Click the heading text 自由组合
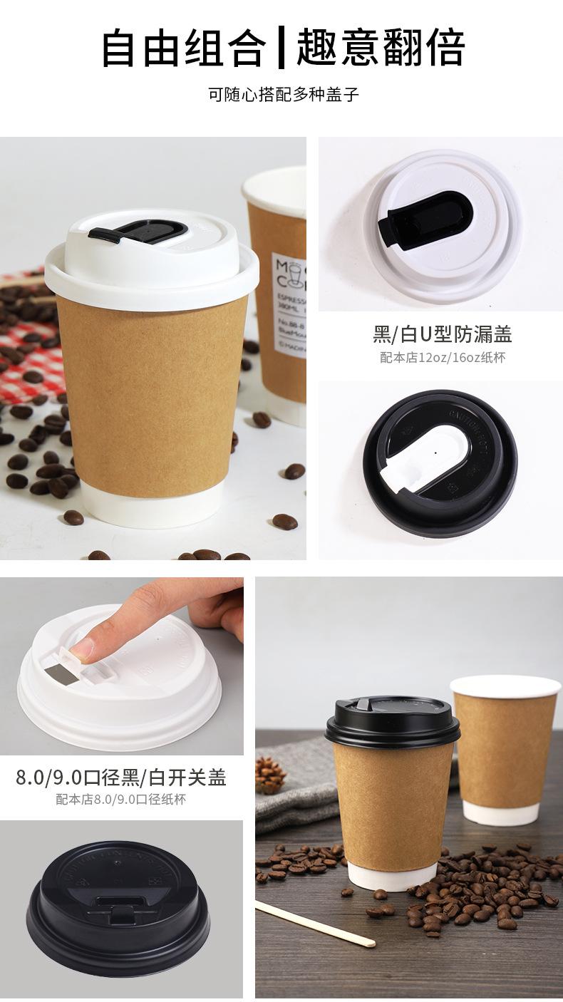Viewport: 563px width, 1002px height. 184,48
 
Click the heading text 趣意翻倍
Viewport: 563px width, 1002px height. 381,48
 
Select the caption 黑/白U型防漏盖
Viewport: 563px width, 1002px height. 442,334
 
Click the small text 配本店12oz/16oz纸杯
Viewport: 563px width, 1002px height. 442,358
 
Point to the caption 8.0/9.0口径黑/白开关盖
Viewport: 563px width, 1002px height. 121,777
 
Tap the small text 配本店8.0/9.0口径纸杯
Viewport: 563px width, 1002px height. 121,800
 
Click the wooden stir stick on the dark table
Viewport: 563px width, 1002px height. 314,923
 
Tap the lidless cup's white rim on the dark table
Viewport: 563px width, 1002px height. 505,686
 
